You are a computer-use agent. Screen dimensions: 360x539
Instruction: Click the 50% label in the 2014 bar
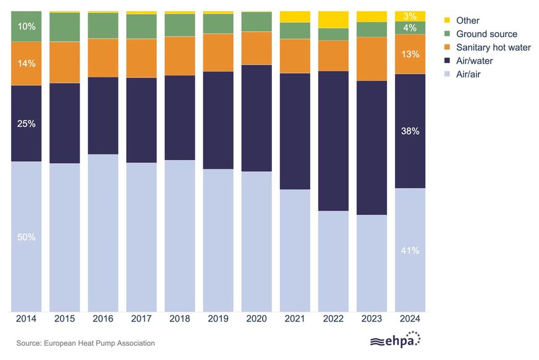click(27, 238)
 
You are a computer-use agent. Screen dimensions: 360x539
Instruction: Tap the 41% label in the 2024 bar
click(410, 251)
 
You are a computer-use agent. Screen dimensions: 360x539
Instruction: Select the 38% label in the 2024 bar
click(410, 131)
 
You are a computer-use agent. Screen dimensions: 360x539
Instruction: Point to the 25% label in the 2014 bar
click(27, 124)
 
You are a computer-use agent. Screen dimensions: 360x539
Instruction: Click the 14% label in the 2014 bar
click(27, 63)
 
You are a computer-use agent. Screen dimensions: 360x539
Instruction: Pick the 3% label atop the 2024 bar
click(410, 16)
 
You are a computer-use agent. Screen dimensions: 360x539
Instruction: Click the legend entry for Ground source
click(486, 34)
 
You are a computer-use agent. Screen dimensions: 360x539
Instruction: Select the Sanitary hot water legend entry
click(493, 48)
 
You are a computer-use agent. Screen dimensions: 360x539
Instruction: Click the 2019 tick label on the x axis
click(218, 319)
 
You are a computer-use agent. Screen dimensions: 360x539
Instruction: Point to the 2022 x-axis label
click(334, 319)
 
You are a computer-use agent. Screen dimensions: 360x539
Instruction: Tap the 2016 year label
click(103, 319)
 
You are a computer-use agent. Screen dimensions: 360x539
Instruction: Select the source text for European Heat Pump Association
click(85, 343)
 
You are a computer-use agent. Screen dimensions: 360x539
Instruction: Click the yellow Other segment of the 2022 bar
click(334, 19)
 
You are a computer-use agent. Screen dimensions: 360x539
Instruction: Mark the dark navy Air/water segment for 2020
click(257, 118)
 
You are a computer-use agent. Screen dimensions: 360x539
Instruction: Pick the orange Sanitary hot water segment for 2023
click(372, 59)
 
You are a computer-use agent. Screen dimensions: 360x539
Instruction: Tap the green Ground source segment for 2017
click(142, 26)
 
